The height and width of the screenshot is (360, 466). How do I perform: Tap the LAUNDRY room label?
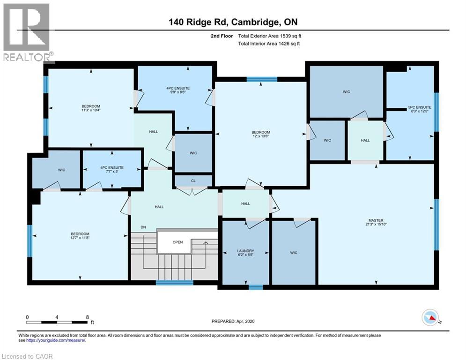(x=245, y=251)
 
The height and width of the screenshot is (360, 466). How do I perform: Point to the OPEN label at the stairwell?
(x=178, y=242)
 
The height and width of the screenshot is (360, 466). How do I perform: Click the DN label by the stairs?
(x=143, y=228)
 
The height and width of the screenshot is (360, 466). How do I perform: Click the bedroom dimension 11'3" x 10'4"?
(x=91, y=111)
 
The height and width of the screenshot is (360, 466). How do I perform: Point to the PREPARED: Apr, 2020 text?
(x=232, y=321)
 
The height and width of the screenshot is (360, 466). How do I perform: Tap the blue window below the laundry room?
(x=255, y=287)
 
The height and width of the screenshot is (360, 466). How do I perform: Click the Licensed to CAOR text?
(x=27, y=356)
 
